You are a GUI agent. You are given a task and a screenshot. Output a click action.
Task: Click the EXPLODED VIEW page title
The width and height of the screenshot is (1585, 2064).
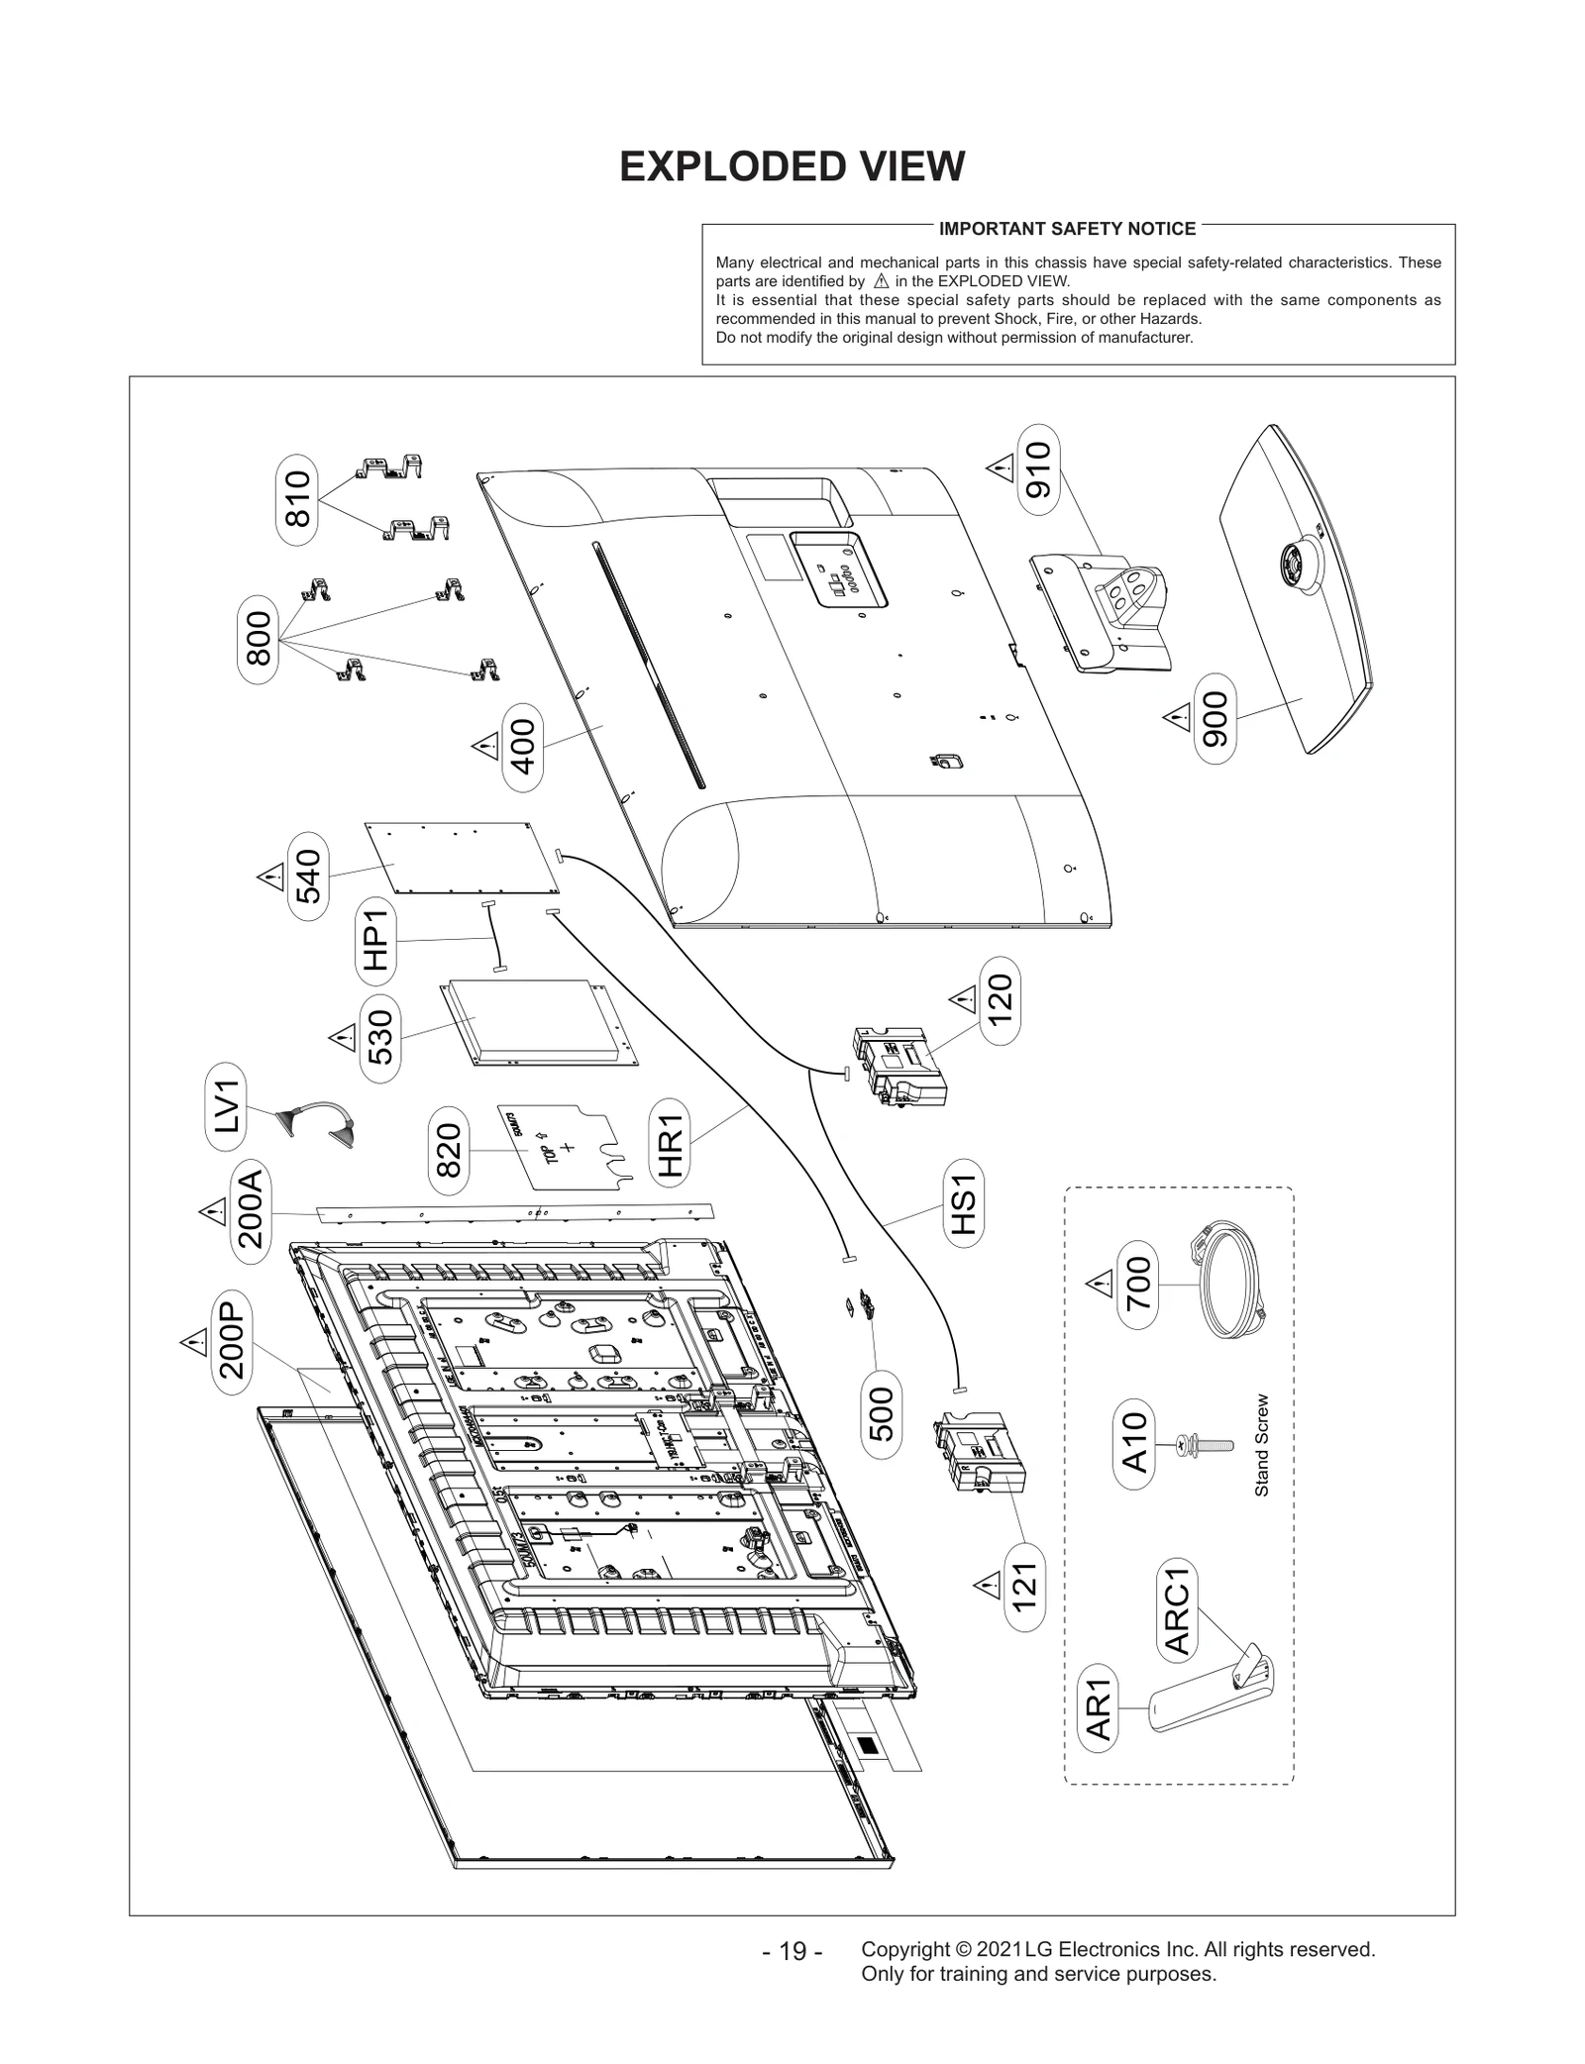tap(792, 167)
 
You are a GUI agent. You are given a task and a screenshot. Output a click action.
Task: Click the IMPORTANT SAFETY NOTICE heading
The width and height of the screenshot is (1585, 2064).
tap(1067, 229)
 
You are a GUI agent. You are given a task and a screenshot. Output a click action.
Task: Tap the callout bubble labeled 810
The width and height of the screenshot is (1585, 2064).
tap(297, 500)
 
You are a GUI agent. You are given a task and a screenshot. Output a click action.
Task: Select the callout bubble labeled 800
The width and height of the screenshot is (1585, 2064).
tap(259, 638)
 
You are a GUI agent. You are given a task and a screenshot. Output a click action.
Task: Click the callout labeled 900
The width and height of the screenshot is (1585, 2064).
tap(1215, 718)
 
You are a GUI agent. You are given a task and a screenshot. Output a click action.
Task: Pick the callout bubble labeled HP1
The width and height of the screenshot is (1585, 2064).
tap(376, 942)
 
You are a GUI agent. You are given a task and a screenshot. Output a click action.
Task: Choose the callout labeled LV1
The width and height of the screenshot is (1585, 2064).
tap(227, 1106)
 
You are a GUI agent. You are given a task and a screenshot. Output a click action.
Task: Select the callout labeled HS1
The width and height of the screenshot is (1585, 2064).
tap(963, 1204)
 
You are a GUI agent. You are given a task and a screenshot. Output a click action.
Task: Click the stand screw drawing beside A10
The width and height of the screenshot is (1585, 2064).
tap(1204, 1445)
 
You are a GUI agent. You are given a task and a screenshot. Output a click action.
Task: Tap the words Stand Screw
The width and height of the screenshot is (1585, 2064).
tap(1262, 1446)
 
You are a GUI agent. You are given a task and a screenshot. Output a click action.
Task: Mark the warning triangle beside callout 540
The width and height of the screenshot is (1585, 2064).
tap(269, 877)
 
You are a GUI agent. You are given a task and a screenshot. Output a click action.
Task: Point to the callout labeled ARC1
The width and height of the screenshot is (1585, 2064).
tap(1177, 1607)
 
